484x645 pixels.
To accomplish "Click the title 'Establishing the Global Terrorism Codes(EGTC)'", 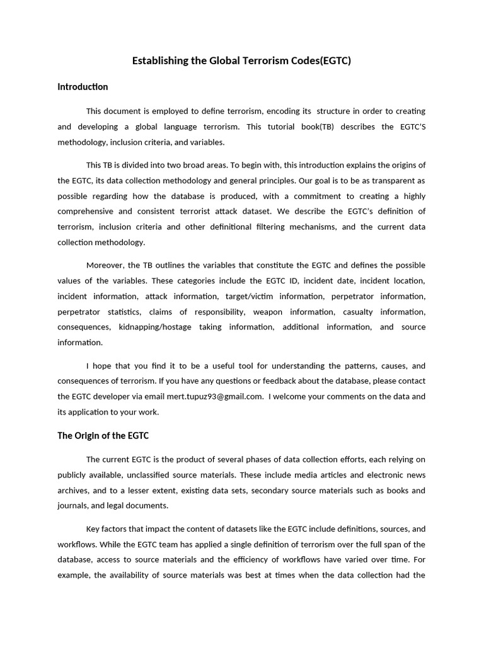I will tap(241, 61).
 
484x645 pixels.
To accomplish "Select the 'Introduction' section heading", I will tap(83, 87).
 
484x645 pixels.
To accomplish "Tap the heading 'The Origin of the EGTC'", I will tap(103, 435).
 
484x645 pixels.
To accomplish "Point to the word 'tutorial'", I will tap(284, 127).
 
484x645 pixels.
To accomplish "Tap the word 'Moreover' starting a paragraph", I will tap(105, 265).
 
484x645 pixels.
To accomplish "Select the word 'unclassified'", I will tap(175, 475).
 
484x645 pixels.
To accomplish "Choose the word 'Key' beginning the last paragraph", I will tap(93, 529).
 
